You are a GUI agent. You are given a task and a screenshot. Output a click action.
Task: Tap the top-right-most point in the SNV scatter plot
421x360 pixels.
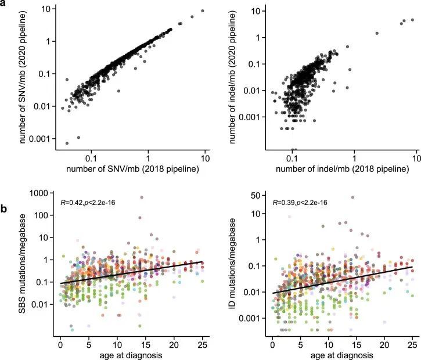202,11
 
